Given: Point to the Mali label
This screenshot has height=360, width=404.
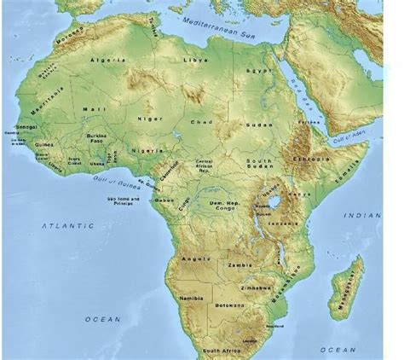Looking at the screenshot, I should point(91,110).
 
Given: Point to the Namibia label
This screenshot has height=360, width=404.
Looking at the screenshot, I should point(190,298).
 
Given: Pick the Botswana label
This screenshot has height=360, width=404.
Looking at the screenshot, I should point(230,305).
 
